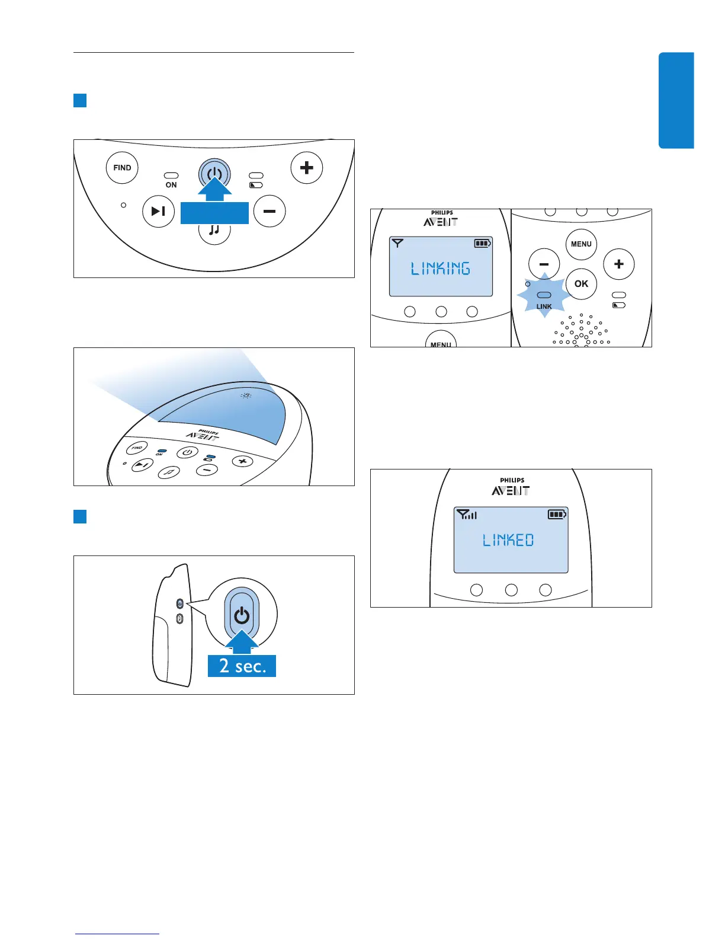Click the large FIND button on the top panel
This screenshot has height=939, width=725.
tap(122, 168)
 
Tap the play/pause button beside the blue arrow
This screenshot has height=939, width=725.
tap(158, 211)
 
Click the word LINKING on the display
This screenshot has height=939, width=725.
tap(441, 269)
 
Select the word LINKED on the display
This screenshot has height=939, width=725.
tap(508, 540)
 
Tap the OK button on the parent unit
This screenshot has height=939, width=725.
tap(581, 284)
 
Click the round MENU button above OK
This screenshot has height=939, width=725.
tap(581, 244)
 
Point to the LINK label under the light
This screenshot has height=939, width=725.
tap(544, 306)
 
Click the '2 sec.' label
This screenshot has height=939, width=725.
tap(242, 666)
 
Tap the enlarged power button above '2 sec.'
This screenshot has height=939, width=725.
tap(242, 615)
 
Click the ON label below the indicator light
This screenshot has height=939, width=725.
tap(171, 185)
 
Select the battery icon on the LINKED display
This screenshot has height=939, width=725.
tap(557, 514)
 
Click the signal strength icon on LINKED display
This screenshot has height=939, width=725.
tap(467, 515)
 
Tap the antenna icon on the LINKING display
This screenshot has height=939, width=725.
tap(398, 243)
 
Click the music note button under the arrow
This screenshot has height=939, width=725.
tap(214, 230)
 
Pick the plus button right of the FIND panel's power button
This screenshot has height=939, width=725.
tap(306, 168)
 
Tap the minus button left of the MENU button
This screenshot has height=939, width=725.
tap(544, 264)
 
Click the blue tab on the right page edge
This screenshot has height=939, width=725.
tap(676, 100)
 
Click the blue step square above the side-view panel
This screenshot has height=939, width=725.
tap(80, 516)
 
